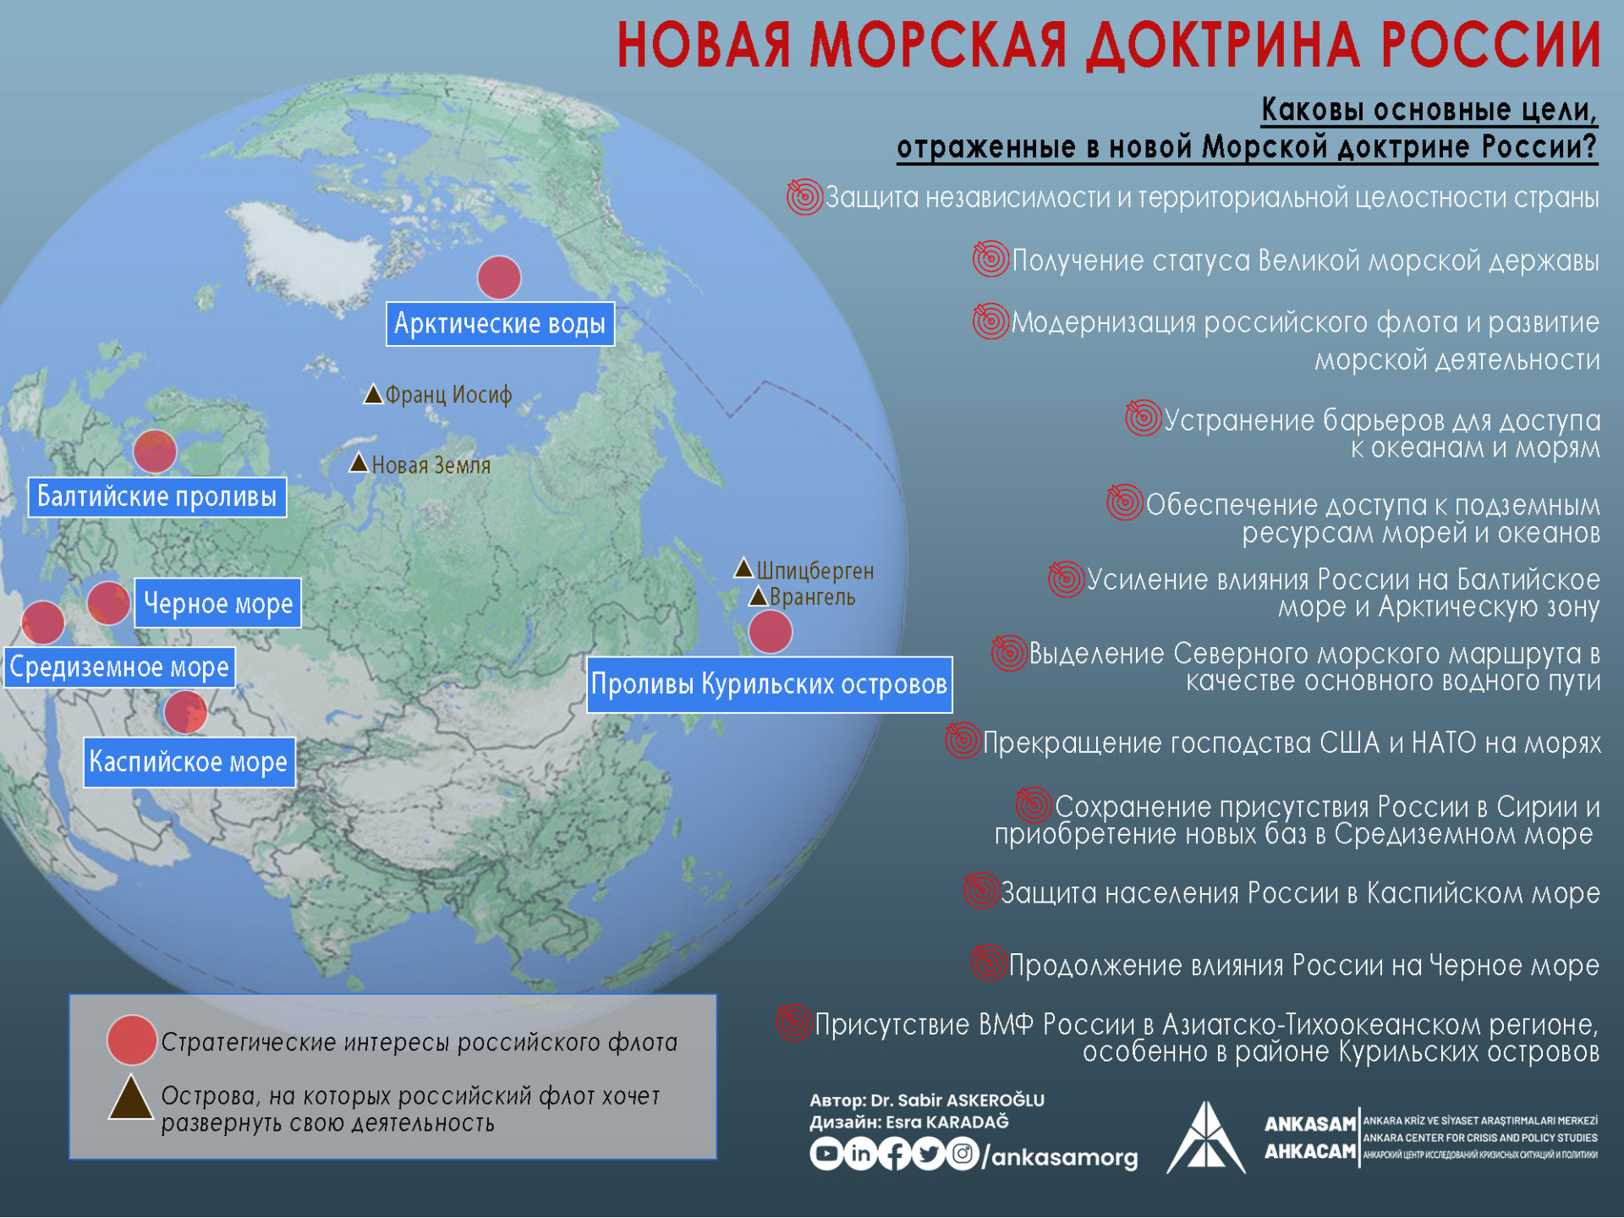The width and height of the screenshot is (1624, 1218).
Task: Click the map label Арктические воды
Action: pos(500,324)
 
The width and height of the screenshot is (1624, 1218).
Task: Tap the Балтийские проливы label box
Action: pos(157,497)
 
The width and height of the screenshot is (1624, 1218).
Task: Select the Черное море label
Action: pos(218,603)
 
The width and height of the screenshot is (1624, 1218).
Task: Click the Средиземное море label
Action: pos(119,667)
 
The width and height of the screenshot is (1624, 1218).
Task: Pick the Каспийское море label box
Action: pos(189,762)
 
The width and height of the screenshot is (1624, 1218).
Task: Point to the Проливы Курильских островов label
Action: pos(770,684)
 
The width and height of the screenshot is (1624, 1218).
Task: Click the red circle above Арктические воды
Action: pos(499,277)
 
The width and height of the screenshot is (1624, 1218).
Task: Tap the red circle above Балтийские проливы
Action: pos(155,451)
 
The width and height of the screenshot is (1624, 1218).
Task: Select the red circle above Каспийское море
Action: pos(186,711)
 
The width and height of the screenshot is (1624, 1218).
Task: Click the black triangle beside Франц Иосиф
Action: pos(373,394)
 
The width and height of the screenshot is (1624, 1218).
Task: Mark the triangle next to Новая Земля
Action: pos(359,463)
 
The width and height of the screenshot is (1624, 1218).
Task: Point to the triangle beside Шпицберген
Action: pos(743,568)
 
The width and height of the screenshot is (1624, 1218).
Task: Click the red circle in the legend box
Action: pos(132,1040)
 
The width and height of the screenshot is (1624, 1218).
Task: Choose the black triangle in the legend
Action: pos(130,1100)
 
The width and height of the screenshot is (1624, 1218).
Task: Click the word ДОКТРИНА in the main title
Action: pos(1224,45)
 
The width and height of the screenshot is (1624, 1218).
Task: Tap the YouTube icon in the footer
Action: pos(826,1154)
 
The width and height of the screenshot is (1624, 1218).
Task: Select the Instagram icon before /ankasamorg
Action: pos(962,1154)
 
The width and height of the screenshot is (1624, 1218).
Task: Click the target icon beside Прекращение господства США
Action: pos(963,741)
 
